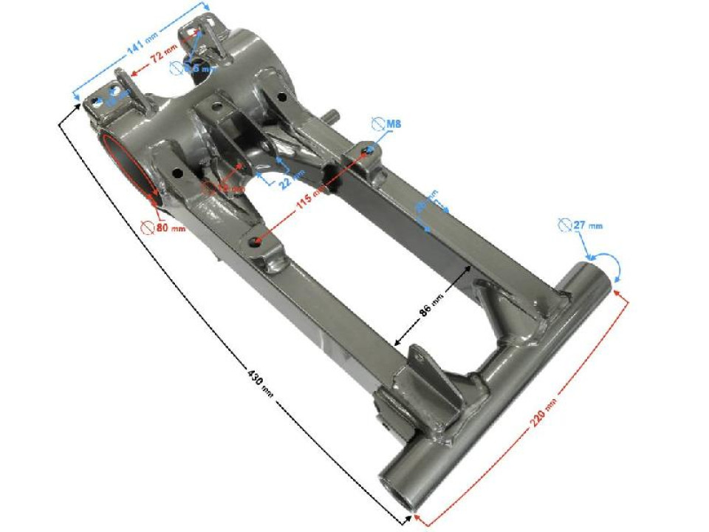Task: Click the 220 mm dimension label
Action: pyautogui.click(x=542, y=419)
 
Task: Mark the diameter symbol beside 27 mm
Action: pyautogui.click(x=565, y=224)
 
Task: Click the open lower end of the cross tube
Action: pyautogui.click(x=396, y=495)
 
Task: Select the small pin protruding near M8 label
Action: pyautogui.click(x=332, y=117)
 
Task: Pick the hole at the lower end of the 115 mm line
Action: pyautogui.click(x=256, y=240)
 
